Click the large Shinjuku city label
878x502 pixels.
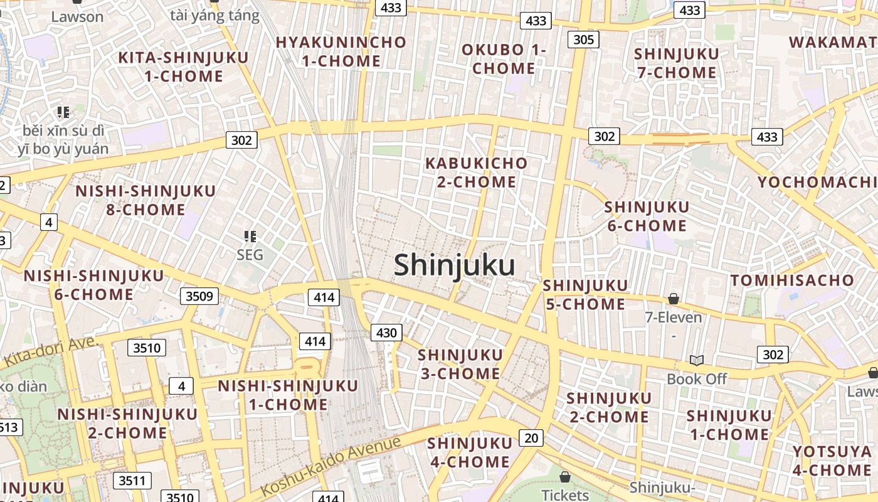click(x=455, y=265)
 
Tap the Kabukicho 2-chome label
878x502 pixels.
click(x=477, y=173)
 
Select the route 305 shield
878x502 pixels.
click(x=583, y=40)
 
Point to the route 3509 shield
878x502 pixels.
click(x=200, y=296)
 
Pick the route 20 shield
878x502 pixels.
click(x=531, y=437)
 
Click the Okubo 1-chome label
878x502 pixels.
click(x=504, y=59)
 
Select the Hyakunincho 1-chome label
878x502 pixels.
click(x=341, y=51)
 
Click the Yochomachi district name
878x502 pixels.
click(x=817, y=182)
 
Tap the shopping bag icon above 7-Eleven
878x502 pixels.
click(x=674, y=299)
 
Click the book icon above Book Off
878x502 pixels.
click(x=696, y=360)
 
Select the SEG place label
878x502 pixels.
click(x=250, y=255)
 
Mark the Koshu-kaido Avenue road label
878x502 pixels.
click(x=331, y=467)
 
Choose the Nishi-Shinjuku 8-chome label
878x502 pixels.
click(x=145, y=200)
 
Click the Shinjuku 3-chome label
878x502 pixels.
click(x=460, y=365)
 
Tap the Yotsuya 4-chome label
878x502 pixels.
click(x=832, y=461)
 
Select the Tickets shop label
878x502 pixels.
click(x=565, y=494)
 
